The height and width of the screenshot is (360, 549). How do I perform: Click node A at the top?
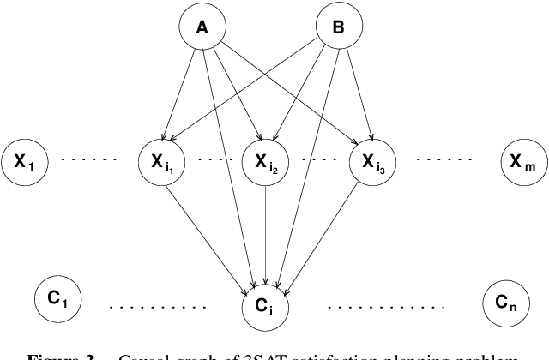coord(203,28)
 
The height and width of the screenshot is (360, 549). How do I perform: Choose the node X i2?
coord(267,159)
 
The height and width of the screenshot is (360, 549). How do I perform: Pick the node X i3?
coord(372,159)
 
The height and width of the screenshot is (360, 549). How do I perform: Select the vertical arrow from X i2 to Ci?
coord(267,231)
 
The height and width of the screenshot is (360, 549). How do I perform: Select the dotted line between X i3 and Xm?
coord(444,159)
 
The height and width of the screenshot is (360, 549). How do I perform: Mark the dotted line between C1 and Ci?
coord(159,306)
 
